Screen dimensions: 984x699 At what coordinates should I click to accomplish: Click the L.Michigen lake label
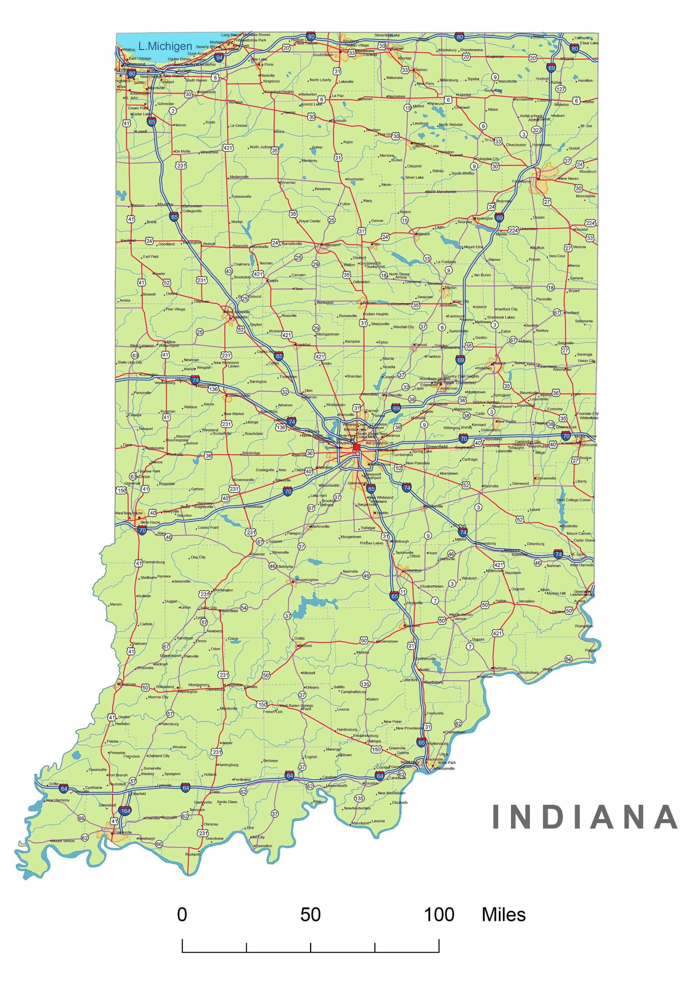coord(165,46)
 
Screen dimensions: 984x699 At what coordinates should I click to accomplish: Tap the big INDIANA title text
coord(584,816)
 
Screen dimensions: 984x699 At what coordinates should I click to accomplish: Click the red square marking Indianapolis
coord(356,447)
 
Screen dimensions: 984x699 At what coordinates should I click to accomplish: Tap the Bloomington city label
coord(306,580)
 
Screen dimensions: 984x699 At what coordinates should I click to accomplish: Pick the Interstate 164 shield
coord(125,811)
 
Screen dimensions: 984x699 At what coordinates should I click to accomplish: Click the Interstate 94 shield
coord(219,57)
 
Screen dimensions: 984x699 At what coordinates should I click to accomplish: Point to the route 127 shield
coord(560,89)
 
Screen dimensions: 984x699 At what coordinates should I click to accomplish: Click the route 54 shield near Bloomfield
coord(244,608)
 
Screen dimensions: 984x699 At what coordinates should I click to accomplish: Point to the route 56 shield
coord(568,659)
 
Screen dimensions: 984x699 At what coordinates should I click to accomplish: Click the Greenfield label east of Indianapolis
coord(437,446)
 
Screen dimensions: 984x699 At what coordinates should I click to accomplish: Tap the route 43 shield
coord(229,271)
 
